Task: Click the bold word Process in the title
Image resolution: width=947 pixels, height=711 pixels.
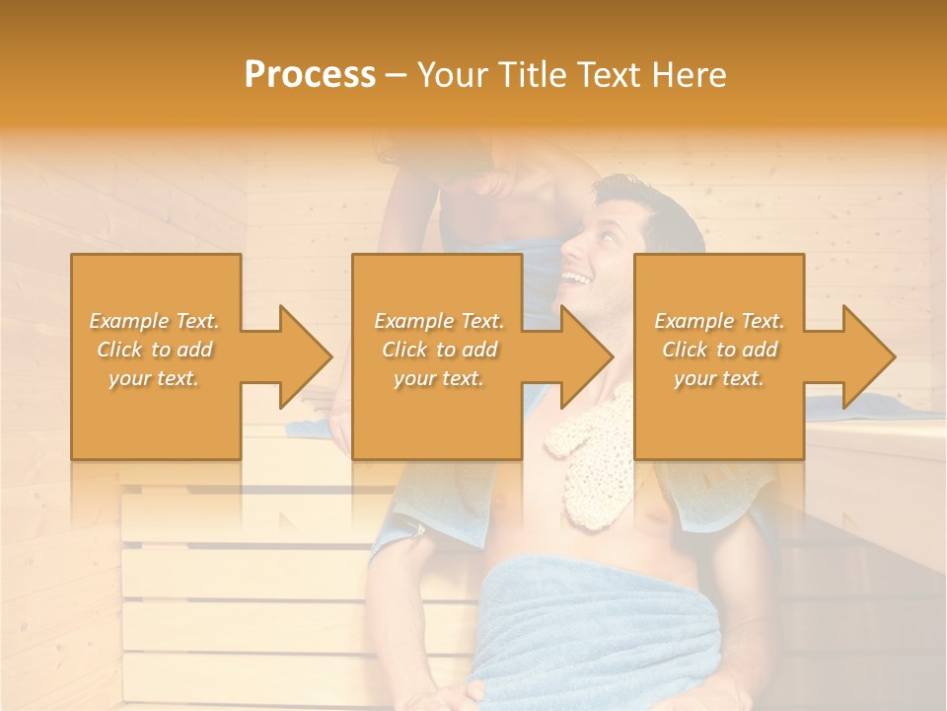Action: (x=310, y=75)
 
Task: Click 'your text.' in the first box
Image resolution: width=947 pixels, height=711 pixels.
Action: (x=154, y=378)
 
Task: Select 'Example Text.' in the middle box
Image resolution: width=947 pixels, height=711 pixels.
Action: (x=438, y=321)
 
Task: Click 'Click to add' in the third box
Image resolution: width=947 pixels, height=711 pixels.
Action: (x=719, y=350)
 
